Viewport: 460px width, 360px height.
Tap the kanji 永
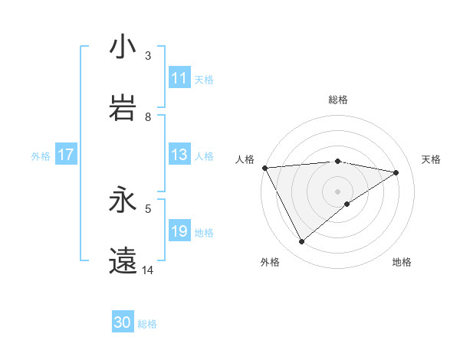pyautogui.click(x=123, y=200)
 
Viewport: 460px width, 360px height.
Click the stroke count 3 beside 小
pyautogui.click(x=148, y=55)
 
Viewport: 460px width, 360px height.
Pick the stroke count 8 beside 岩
pyautogui.click(x=148, y=116)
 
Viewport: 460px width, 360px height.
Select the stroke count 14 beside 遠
pyautogui.click(x=148, y=270)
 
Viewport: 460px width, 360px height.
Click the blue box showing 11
pyautogui.click(x=179, y=78)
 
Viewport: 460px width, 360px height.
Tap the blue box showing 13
pyautogui.click(x=179, y=155)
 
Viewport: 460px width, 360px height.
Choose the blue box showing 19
pyautogui.click(x=179, y=231)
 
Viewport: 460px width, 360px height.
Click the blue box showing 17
pyautogui.click(x=65, y=155)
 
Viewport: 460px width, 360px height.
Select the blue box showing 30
pyautogui.click(x=123, y=322)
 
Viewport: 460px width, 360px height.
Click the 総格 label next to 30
pyautogui.click(x=148, y=324)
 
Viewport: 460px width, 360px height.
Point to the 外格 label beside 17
pyautogui.click(x=41, y=155)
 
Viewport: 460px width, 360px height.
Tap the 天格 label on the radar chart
pyautogui.click(x=432, y=159)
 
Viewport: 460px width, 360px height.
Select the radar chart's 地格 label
pyautogui.click(x=402, y=262)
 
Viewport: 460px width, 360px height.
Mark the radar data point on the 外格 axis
pyautogui.click(x=301, y=241)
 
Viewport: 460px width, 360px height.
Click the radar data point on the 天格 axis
pyautogui.click(x=396, y=172)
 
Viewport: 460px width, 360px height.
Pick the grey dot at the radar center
pyautogui.click(x=337, y=191)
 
